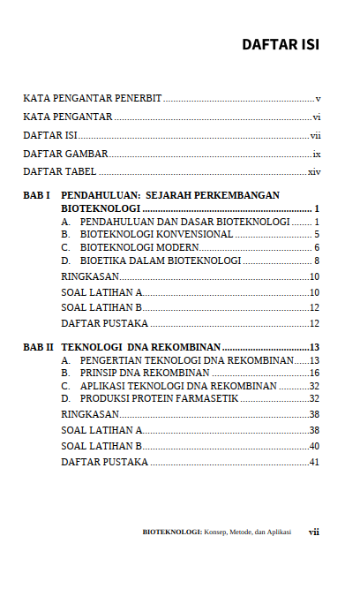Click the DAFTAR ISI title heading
pyautogui.click(x=281, y=44)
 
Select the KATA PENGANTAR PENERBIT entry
pyautogui.click(x=92, y=98)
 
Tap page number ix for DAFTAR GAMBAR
pyautogui.click(x=316, y=154)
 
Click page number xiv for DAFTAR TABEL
pyautogui.click(x=313, y=171)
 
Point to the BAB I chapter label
pyautogui.click(x=36, y=195)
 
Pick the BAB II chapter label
pyautogui.click(x=39, y=348)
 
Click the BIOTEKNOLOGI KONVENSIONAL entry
pyautogui.click(x=156, y=234)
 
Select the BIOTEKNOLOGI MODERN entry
pyautogui.click(x=139, y=247)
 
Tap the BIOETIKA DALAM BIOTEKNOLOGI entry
pyautogui.click(x=160, y=261)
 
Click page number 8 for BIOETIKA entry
pyautogui.click(x=316, y=261)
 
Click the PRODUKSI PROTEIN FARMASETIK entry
pyautogui.click(x=159, y=399)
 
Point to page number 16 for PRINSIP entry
pyautogui.click(x=314, y=374)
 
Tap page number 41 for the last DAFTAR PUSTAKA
pyautogui.click(x=314, y=463)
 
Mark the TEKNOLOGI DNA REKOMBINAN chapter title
pyautogui.click(x=140, y=348)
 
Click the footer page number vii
pyautogui.click(x=313, y=532)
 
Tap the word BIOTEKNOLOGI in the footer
pyautogui.click(x=171, y=532)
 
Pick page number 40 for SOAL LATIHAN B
pyautogui.click(x=314, y=446)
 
